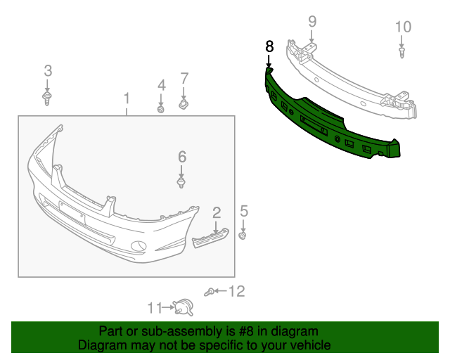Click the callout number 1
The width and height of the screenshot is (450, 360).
pos(127,97)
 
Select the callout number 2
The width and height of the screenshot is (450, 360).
pos(217,212)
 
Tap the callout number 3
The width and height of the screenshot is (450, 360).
pos(48,70)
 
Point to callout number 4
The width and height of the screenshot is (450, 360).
pos(161,85)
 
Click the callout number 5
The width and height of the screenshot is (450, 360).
pos(244,210)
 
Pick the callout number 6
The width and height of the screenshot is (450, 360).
pos(181,156)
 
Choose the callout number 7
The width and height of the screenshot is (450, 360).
pos(184,78)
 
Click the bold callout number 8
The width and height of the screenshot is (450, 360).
pos(269,46)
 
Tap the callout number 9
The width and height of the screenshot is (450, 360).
pos(312,22)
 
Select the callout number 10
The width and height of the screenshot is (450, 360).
pos(402,27)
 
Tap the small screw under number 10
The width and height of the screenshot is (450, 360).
pos(402,52)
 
